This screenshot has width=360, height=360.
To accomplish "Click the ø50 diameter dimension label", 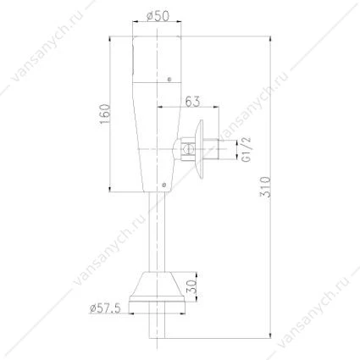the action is coord(158,17).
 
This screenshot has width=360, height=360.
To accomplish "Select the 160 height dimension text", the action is coord(105,114).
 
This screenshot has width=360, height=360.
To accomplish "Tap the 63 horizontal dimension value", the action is coord(192,102).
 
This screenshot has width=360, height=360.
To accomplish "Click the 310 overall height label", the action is coord(265,186).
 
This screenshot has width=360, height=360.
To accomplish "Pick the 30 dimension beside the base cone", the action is coord(191,286).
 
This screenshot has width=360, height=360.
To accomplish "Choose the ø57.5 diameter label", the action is coord(105,308).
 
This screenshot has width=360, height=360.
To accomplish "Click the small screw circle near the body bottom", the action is coord(163,185).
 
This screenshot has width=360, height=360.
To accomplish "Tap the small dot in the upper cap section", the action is coord(169,79).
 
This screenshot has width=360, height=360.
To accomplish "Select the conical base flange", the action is coord(157,286).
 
